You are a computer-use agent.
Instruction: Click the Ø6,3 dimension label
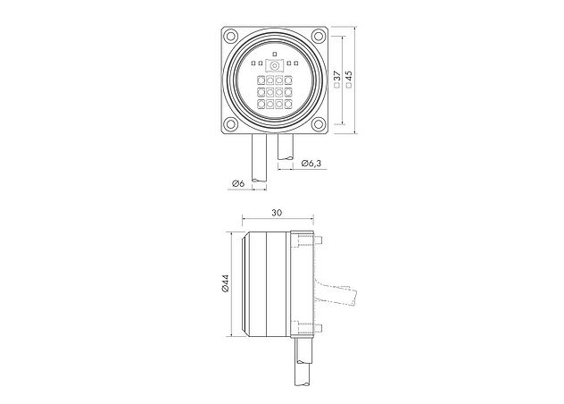(311, 163)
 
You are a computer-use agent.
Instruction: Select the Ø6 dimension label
(238, 183)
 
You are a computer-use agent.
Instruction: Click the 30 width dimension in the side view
(277, 213)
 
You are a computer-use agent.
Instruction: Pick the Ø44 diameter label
(226, 283)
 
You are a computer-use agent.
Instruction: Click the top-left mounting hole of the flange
(230, 37)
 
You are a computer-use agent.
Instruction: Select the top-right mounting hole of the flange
(318, 36)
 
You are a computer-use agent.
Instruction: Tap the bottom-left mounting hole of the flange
(230, 124)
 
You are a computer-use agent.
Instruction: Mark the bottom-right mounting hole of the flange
(318, 124)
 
